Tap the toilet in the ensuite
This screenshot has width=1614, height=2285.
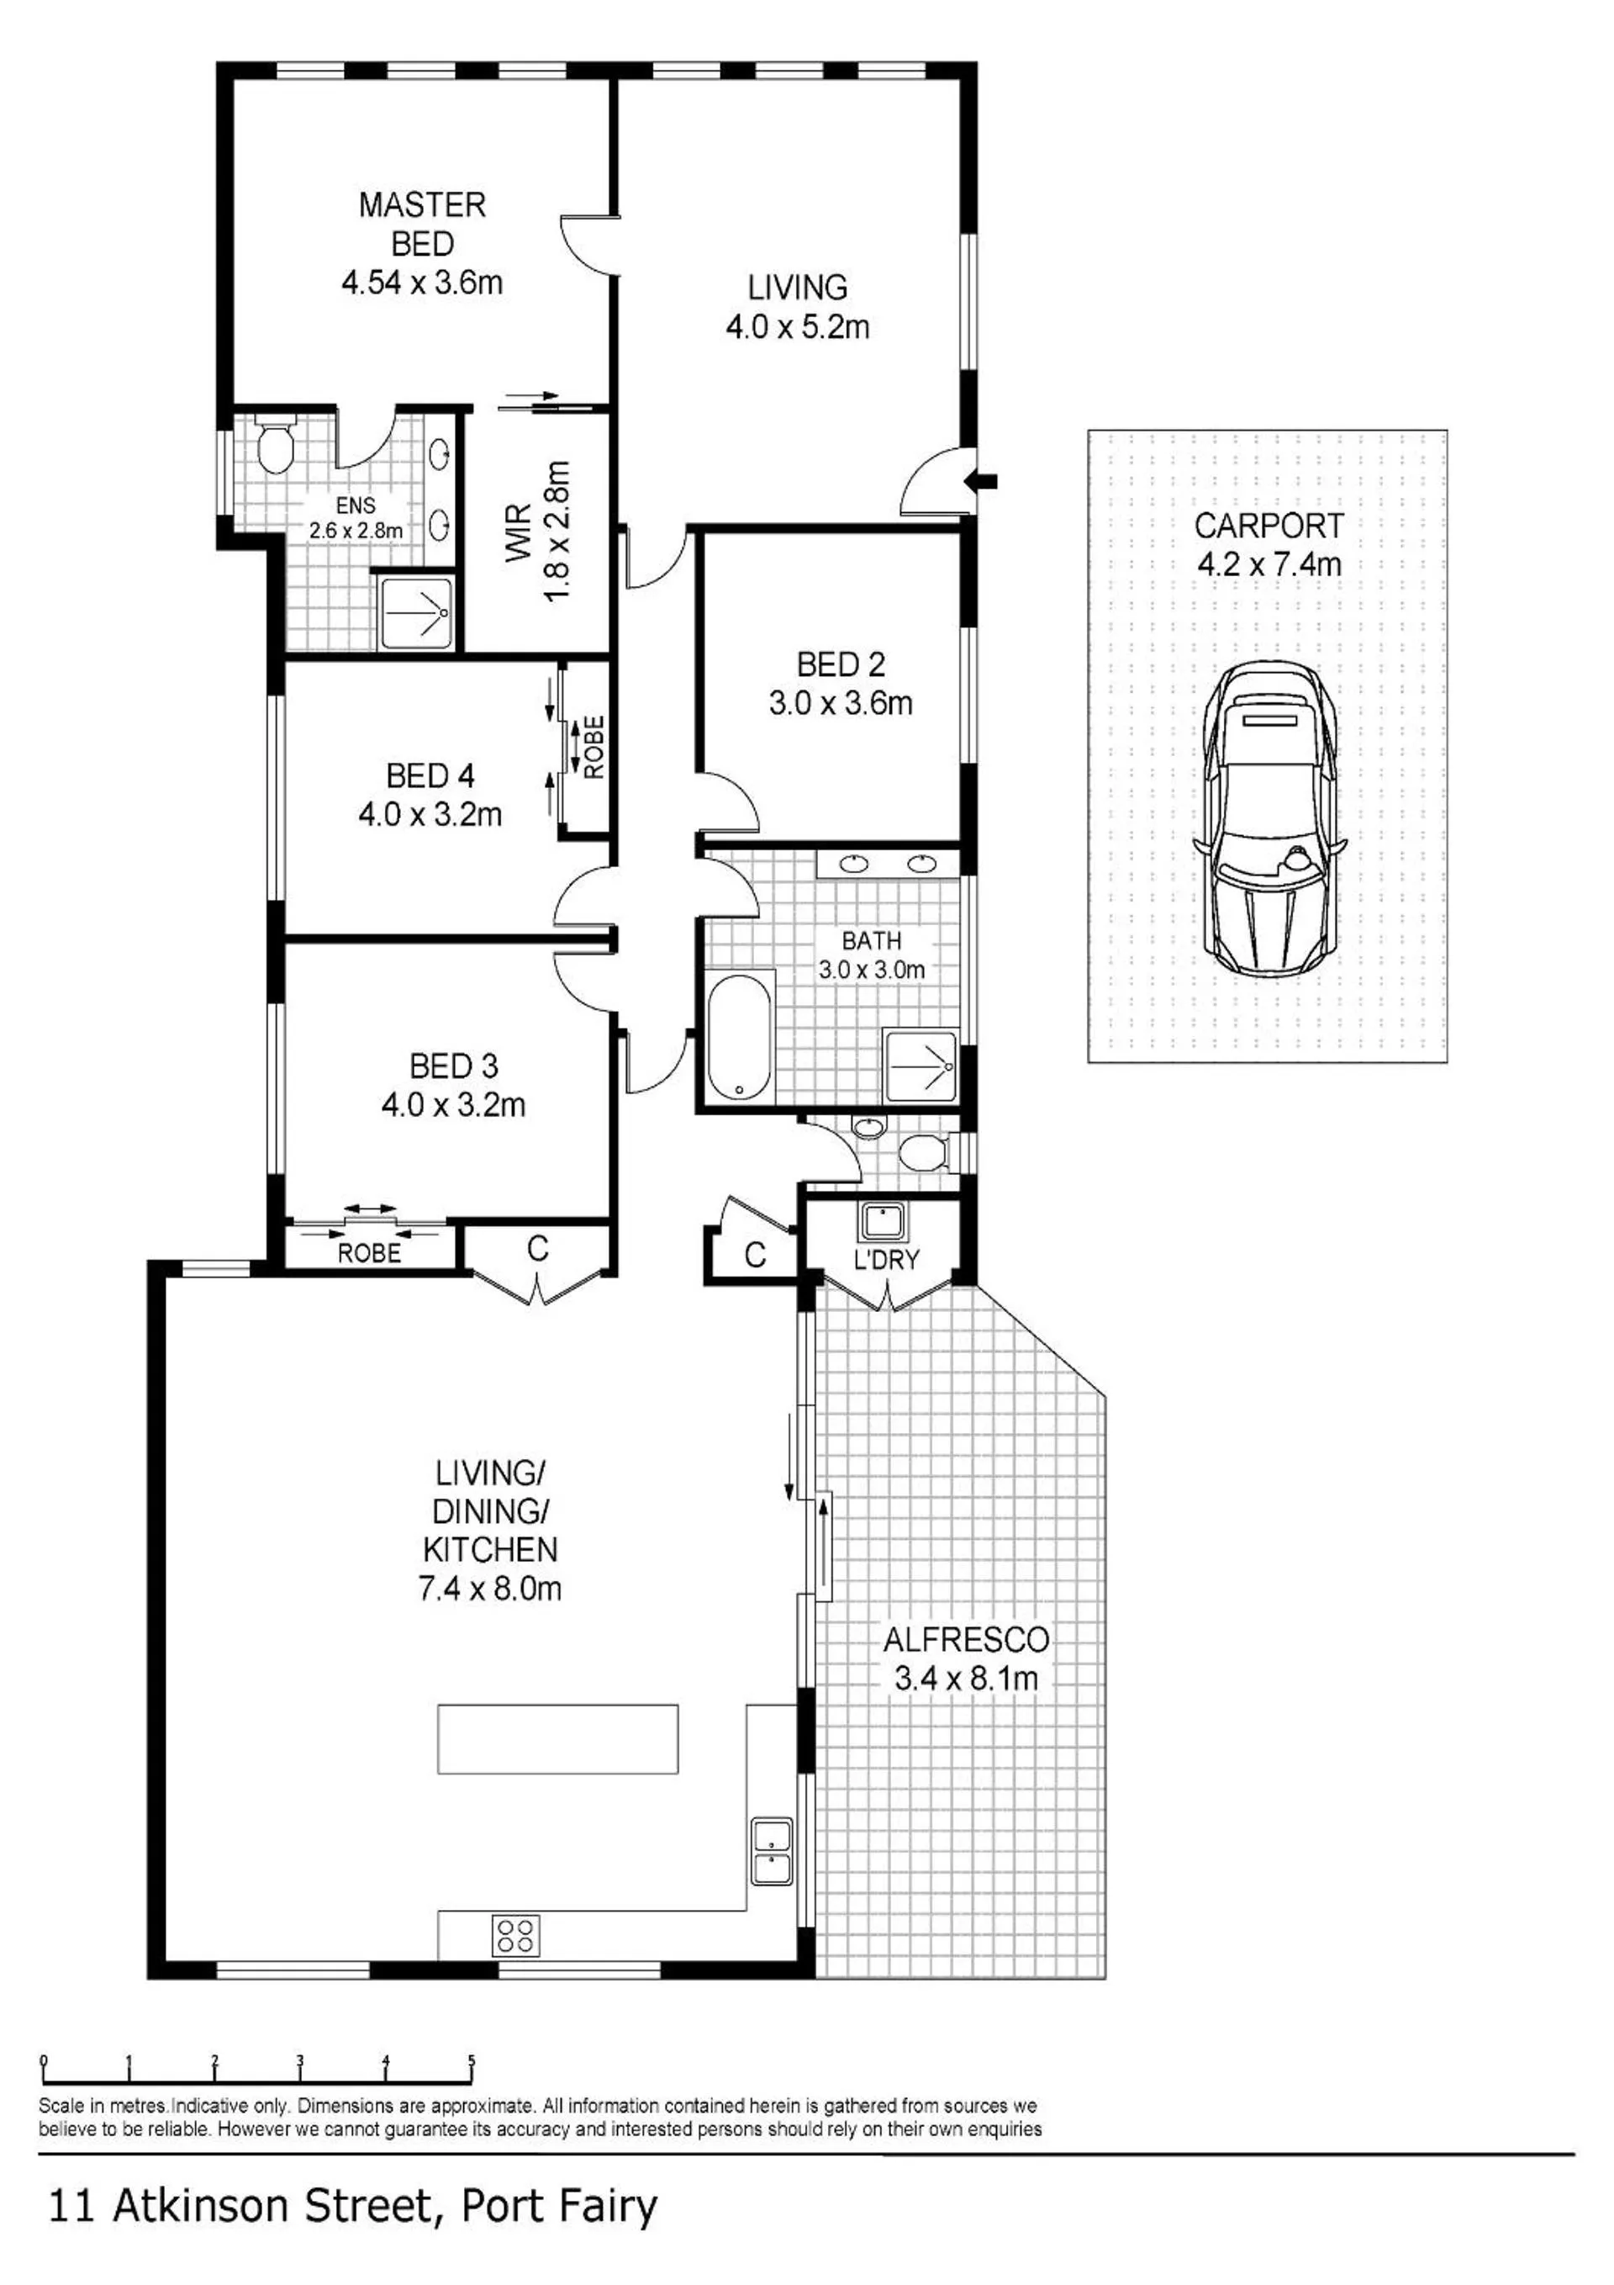(x=275, y=445)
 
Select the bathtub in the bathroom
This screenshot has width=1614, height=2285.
(x=740, y=1036)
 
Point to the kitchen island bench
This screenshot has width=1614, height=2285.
(x=558, y=1738)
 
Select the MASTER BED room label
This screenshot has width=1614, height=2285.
(x=423, y=224)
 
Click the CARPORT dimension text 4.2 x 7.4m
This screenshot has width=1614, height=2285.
(x=1269, y=564)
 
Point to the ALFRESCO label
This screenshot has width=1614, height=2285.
(x=966, y=1638)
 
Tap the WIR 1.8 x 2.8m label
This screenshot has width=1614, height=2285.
(x=537, y=531)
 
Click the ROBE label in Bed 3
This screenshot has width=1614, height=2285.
(x=369, y=1253)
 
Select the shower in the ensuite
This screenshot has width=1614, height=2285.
(x=417, y=612)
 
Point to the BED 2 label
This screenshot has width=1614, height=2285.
(x=841, y=664)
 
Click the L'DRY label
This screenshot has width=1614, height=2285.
(x=886, y=1260)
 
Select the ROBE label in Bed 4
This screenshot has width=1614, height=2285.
(x=594, y=748)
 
